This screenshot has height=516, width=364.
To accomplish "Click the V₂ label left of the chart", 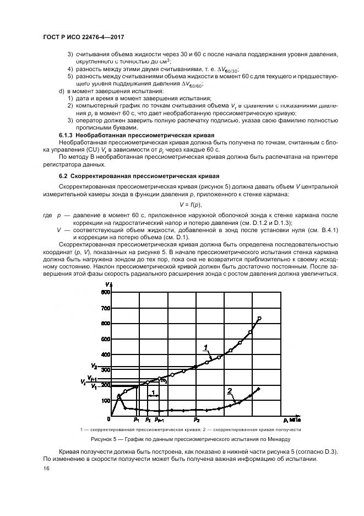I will coord(95,366).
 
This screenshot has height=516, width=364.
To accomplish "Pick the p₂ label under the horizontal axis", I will coord(197,420).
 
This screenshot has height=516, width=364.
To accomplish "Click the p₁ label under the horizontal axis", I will coord(136,420).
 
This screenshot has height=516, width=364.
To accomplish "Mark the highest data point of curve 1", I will coord(259,318).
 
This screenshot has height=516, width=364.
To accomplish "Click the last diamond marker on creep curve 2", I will coord(259,389).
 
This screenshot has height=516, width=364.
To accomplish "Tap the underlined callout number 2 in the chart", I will coord(229,390).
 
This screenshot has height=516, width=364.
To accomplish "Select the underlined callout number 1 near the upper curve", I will coord(205,347).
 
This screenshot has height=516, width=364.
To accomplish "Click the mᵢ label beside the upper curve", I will coord(163,381).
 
